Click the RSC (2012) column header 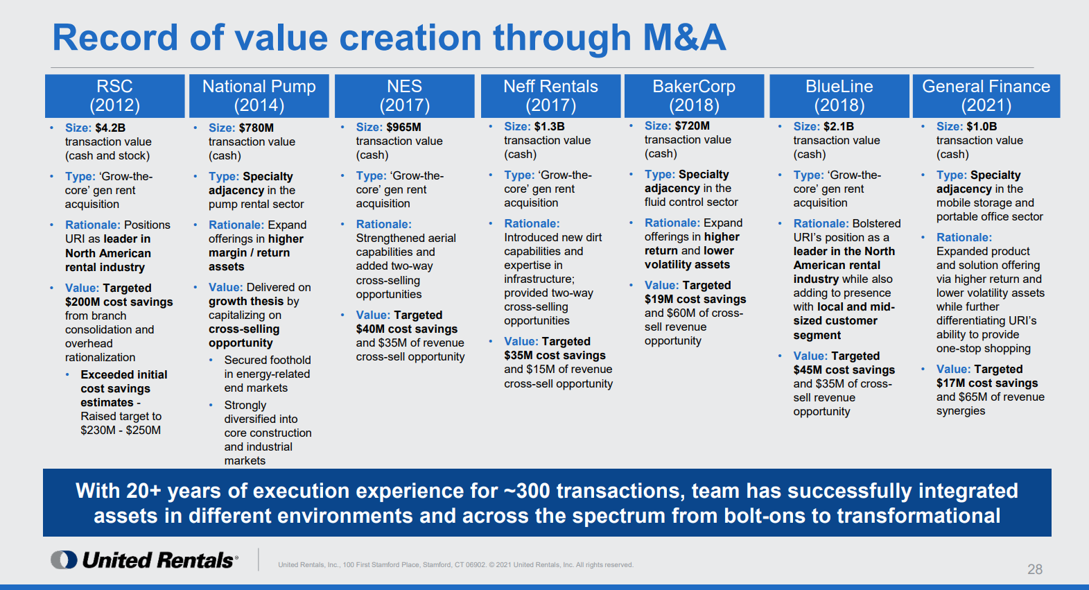pyautogui.click(x=114, y=96)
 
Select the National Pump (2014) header pyautogui.click(x=259, y=96)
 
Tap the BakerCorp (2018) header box pyautogui.click(x=694, y=96)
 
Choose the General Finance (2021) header pyautogui.click(x=986, y=96)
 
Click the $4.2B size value pyautogui.click(x=110, y=128)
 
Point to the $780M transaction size pyautogui.click(x=256, y=128)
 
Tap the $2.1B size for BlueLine pyautogui.click(x=839, y=127)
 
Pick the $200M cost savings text pyautogui.click(x=119, y=302)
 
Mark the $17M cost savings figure pyautogui.click(x=987, y=383)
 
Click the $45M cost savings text pyautogui.click(x=844, y=370)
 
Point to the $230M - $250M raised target pyautogui.click(x=121, y=431)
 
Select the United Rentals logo pyautogui.click(x=145, y=560)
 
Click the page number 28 pyautogui.click(x=1034, y=569)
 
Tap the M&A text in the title pyautogui.click(x=683, y=37)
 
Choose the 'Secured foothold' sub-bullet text pyautogui.click(x=267, y=361)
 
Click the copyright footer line pyautogui.click(x=455, y=565)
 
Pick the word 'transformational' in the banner pyautogui.click(x=918, y=517)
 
